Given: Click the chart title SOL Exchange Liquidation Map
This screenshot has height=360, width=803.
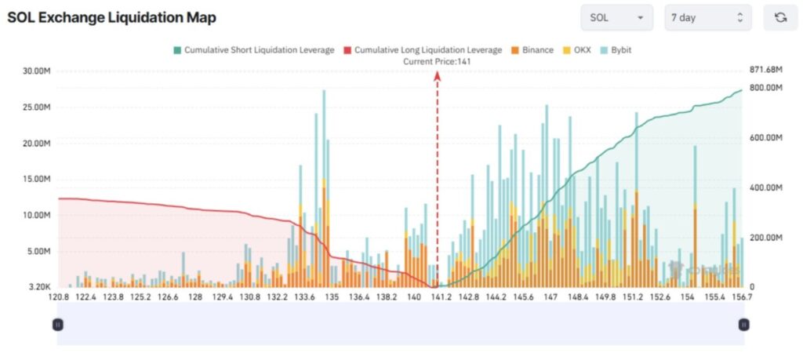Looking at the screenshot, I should [x=112, y=17].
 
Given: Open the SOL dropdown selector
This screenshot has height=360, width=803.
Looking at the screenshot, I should [x=616, y=17].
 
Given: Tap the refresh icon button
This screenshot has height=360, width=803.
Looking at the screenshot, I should [x=780, y=17].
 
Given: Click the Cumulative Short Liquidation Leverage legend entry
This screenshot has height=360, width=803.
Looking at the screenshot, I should [x=253, y=50].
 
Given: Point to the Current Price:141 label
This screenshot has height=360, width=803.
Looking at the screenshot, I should [x=437, y=61].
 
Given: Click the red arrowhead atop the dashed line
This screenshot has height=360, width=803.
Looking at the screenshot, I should [x=438, y=75].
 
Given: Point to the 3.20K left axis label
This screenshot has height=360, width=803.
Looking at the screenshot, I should [x=40, y=288].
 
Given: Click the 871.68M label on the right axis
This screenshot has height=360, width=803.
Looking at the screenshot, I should [x=766, y=70].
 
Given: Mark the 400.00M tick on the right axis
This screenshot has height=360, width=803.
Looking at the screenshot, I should [x=766, y=188].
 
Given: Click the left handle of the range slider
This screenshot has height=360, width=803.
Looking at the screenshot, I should [x=57, y=324].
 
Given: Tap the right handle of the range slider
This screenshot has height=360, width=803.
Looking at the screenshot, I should [x=743, y=324].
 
